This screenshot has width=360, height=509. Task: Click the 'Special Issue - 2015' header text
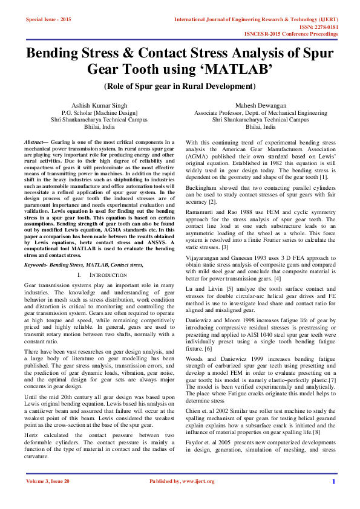click(x=48, y=19)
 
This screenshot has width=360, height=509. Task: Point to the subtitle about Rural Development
click(x=180, y=86)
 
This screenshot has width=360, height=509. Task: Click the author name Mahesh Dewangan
click(x=260, y=105)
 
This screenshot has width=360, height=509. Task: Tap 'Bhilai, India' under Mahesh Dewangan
click(x=260, y=128)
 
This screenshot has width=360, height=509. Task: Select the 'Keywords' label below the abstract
click(x=36, y=264)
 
